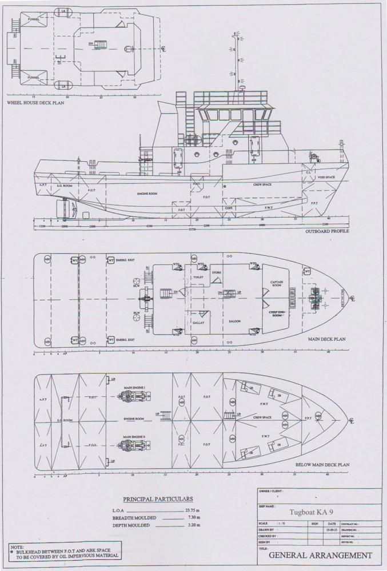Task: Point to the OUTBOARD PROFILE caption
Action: pyautogui.click(x=328, y=231)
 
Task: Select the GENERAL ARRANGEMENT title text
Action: pyautogui.click(x=320, y=555)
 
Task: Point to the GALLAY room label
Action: pyautogui.click(x=198, y=323)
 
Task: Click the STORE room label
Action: pyautogui.click(x=216, y=273)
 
